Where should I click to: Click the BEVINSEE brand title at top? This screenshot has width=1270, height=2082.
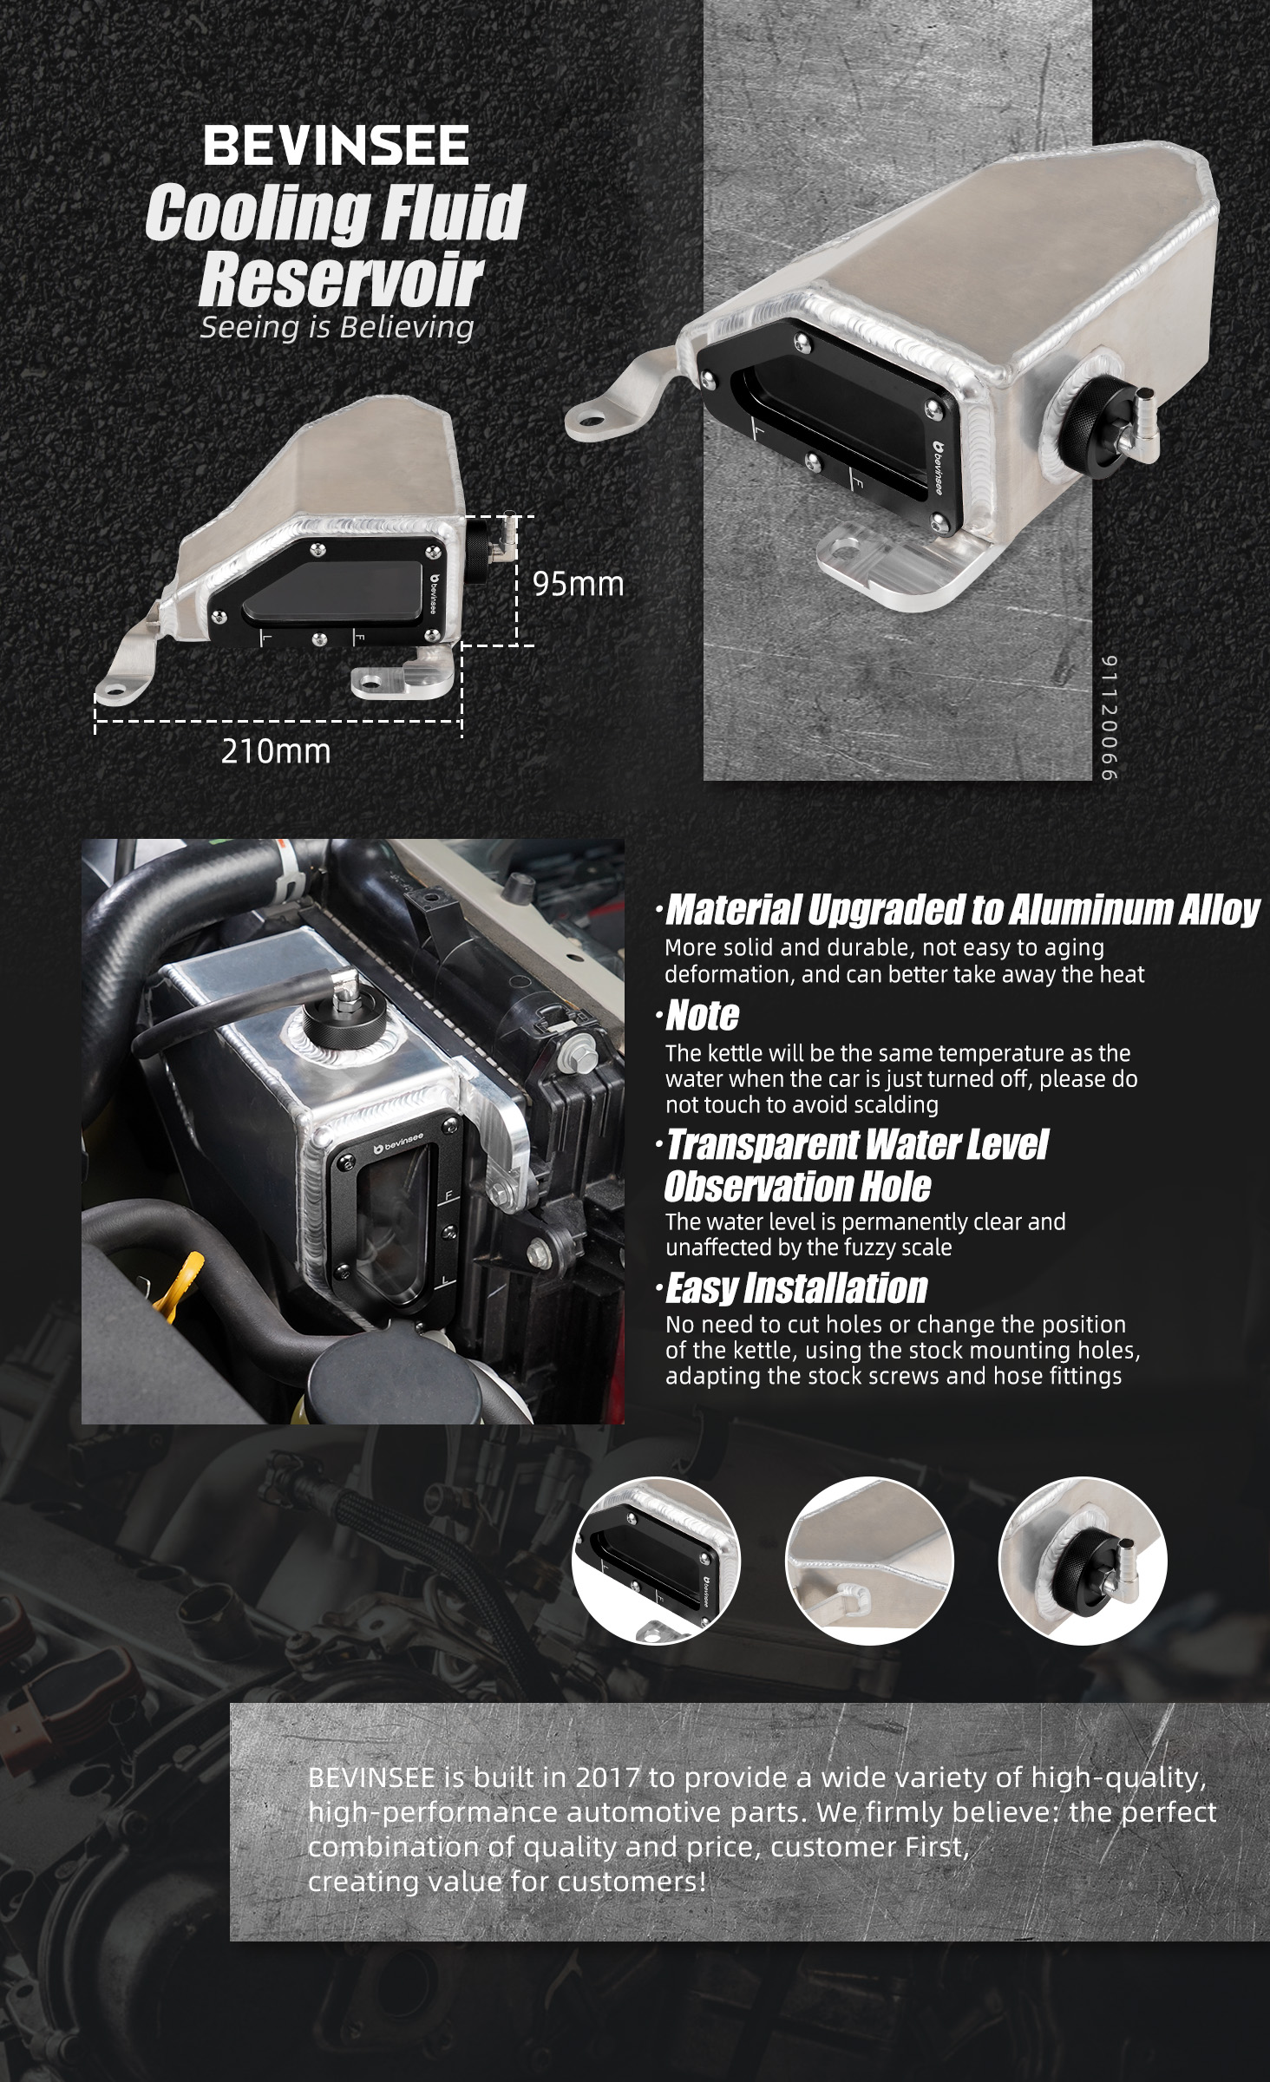(336, 146)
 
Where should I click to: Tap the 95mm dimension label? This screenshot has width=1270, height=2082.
(578, 584)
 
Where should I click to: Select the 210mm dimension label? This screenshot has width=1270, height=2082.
(276, 751)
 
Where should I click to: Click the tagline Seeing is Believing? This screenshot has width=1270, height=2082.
(337, 327)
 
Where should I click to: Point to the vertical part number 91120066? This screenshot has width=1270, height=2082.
(1110, 717)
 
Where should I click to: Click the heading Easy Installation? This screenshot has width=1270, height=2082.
(796, 1288)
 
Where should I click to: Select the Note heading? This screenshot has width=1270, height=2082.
(702, 1016)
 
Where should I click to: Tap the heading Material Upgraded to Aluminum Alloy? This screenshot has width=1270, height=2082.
(962, 910)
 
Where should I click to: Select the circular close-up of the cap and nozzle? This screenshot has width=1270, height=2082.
(1083, 1561)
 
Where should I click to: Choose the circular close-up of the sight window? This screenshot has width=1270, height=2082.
(656, 1561)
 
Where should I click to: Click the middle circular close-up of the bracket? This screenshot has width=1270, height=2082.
(869, 1561)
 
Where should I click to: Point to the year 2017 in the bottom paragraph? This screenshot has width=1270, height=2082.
(607, 1778)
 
